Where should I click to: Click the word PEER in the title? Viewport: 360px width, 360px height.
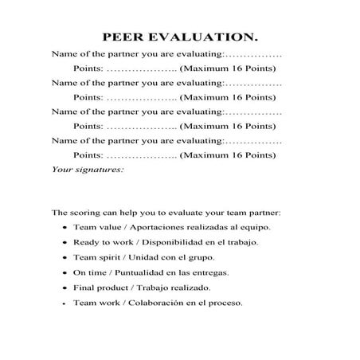tap(124, 37)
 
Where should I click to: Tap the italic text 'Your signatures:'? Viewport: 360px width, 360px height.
tap(88, 169)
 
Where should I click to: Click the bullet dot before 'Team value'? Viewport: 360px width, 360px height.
tap(64, 228)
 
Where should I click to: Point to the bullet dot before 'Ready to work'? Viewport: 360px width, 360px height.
tap(64, 243)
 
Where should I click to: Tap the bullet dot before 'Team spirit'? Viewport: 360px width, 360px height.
tap(64, 258)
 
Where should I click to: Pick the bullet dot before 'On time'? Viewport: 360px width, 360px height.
tap(64, 273)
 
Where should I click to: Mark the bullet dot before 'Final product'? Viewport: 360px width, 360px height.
tap(64, 288)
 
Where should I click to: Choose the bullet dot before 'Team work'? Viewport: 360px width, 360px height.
tap(64, 303)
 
